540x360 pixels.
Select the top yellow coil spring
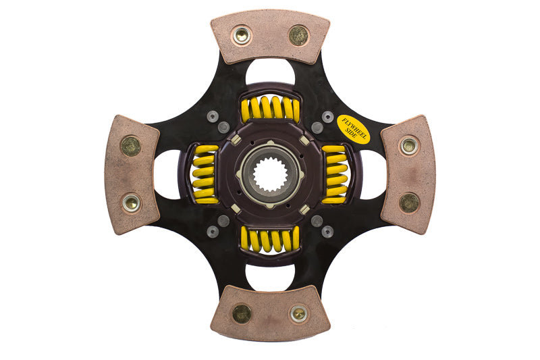point(270,108)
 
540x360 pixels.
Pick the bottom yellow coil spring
point(270,238)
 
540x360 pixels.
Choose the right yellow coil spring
point(334,174)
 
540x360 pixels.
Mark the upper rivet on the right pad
point(408,145)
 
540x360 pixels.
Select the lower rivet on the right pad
point(409,203)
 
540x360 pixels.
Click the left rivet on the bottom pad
point(241,313)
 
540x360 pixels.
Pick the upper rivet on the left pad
point(130,145)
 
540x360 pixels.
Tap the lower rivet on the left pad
point(131,203)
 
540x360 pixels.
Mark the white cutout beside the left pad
point(167,174)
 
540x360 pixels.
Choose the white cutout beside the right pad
point(372,174)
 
